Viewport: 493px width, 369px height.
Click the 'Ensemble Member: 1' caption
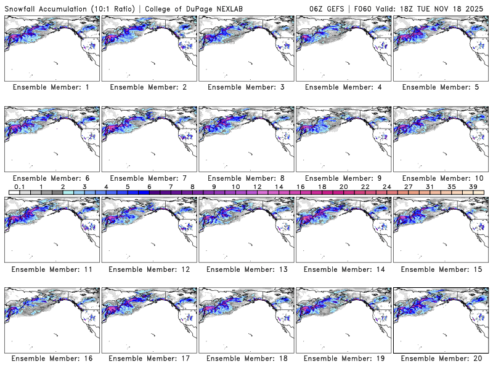pos(51,87)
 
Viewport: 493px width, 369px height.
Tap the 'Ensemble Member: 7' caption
pos(149,178)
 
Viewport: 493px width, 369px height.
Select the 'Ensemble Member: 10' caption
pos(440,178)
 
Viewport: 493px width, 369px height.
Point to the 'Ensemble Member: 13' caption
pos(245,269)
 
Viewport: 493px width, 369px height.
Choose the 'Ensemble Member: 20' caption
pos(440,359)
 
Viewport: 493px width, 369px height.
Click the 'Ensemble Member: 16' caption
pos(51,359)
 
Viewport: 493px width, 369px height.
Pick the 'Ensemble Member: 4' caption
pos(343,87)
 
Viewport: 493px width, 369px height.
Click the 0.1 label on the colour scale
pos(19,186)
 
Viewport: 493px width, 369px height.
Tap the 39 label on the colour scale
pos(473,186)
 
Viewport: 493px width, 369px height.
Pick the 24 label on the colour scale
pos(387,186)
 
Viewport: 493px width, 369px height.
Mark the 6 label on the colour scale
pos(149,186)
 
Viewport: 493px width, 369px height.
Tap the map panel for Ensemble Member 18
pos(246,320)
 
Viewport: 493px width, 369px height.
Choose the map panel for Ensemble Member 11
pos(51,229)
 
